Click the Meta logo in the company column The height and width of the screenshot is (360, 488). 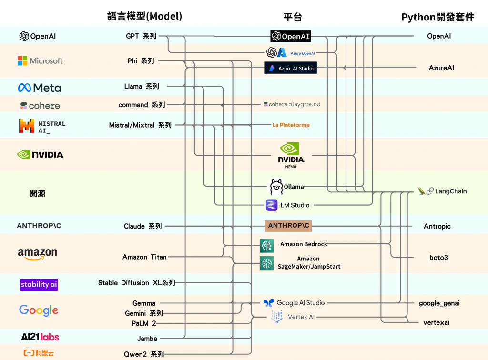tap(40, 88)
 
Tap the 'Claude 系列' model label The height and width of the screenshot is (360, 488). tap(142, 226)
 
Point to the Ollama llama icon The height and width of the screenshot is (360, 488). tap(276, 187)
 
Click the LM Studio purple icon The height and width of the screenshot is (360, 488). tap(272, 205)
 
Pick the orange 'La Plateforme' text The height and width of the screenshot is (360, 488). tap(291, 125)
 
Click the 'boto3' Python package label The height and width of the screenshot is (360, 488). tap(438, 258)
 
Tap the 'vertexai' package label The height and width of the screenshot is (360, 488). tap(436, 323)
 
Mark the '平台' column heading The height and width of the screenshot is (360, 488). tap(293, 17)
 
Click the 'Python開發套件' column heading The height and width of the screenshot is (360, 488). tap(437, 17)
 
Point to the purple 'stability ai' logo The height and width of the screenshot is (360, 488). tap(39, 284)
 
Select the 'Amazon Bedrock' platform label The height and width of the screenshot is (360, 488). tap(304, 244)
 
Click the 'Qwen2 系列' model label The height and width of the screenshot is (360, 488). tap(143, 354)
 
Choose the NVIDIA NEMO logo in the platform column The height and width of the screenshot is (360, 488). tap(291, 154)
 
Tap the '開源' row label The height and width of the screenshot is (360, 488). tap(38, 194)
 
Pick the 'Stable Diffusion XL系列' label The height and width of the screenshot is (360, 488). tap(137, 283)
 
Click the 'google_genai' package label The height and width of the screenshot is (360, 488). tap(439, 303)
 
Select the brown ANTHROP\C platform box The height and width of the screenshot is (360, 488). tap(288, 226)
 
